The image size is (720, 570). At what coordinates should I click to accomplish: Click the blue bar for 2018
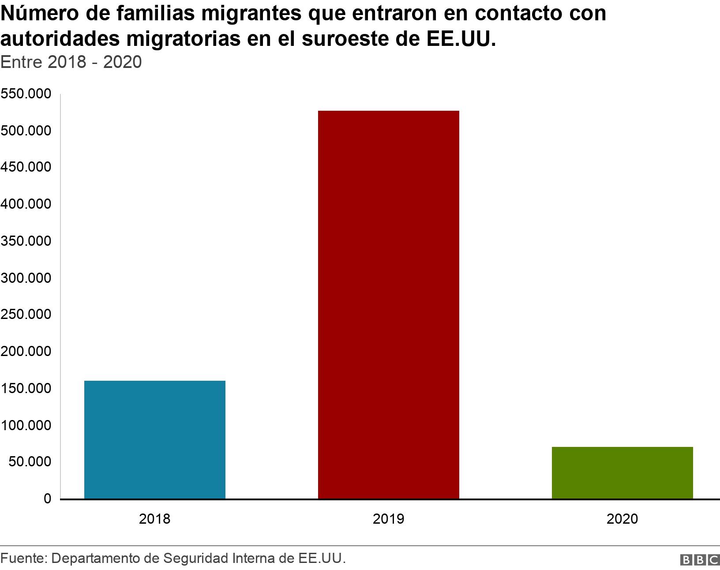click(154, 439)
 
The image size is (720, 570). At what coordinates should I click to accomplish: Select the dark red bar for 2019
click(388, 304)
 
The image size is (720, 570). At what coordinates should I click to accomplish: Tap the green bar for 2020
click(622, 472)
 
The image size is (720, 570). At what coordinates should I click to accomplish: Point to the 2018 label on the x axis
click(154, 519)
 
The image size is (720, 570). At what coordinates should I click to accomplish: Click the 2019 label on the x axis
click(388, 519)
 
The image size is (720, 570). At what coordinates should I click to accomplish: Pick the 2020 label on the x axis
click(622, 519)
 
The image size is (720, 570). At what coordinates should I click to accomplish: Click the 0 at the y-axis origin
click(47, 499)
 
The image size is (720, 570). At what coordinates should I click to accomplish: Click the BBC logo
click(699, 560)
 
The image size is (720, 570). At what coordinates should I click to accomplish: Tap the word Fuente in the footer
click(22, 559)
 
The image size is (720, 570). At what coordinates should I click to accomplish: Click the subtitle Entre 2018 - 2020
click(71, 62)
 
